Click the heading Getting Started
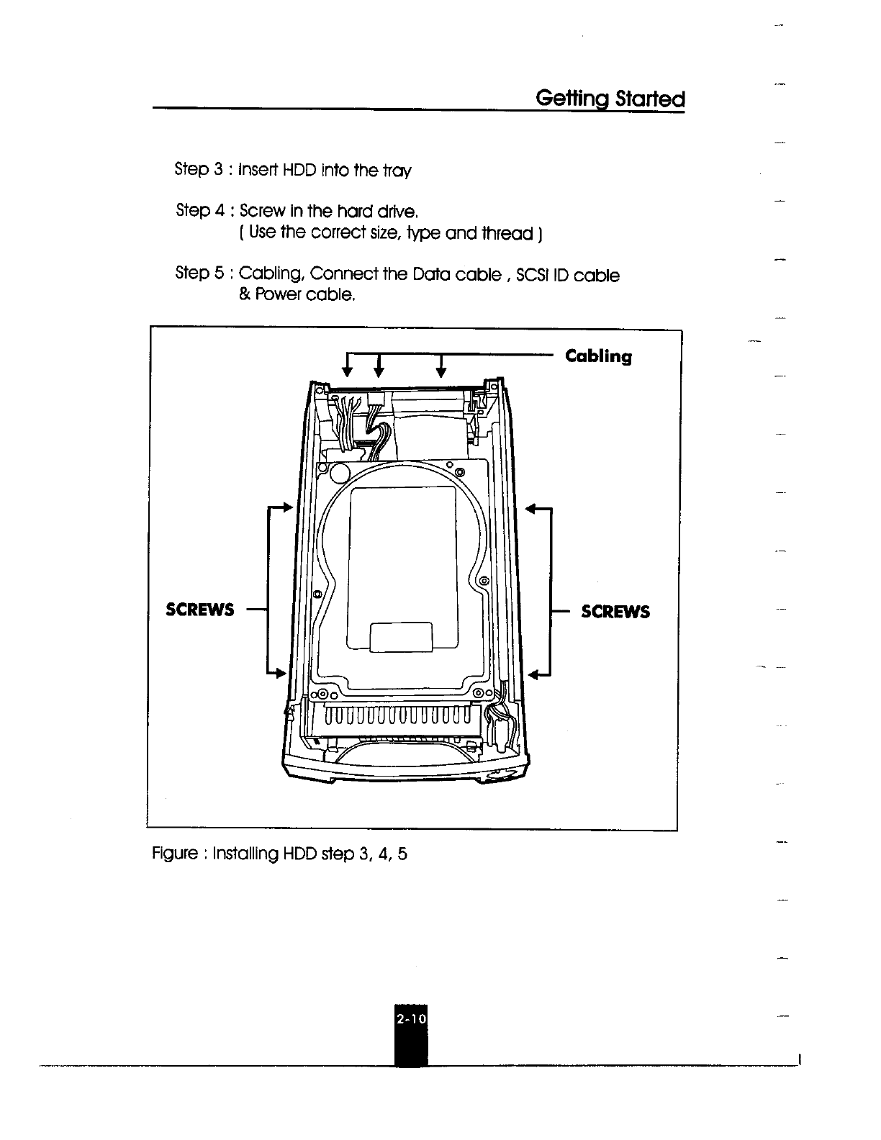click(x=610, y=98)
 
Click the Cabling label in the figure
click(x=598, y=356)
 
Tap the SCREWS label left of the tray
click(x=200, y=610)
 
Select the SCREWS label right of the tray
click(x=615, y=611)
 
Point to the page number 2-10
click(x=411, y=1019)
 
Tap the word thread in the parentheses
click(x=502, y=233)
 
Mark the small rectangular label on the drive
click(x=400, y=637)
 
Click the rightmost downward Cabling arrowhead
click(x=441, y=371)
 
